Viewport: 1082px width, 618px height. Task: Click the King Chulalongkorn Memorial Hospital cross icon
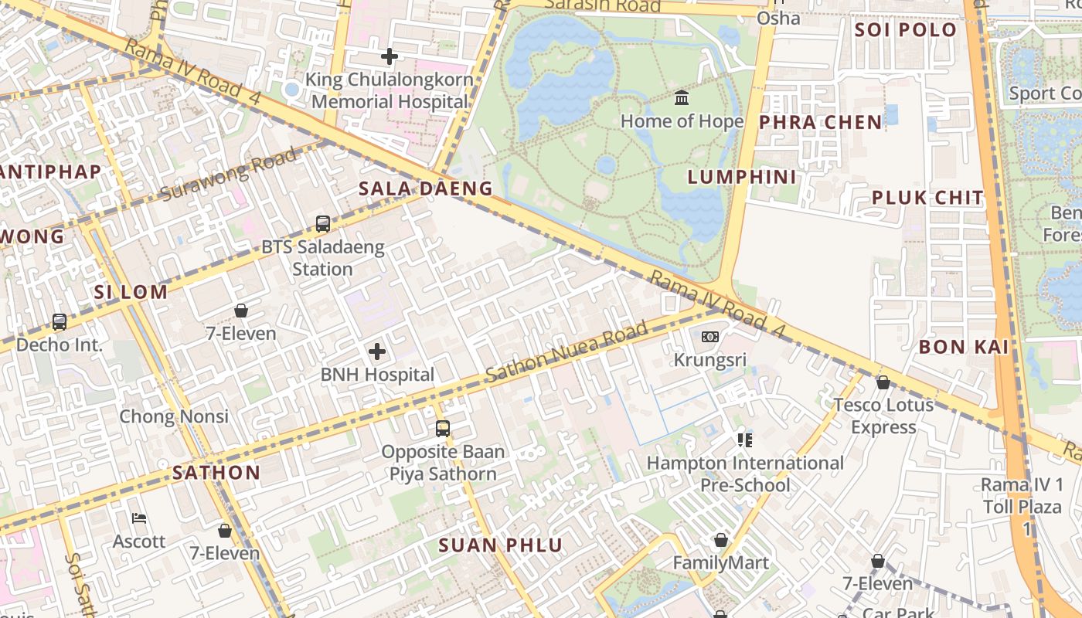pos(390,56)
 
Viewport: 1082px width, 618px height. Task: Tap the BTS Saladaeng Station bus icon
pos(323,224)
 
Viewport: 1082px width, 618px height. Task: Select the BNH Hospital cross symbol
pos(377,352)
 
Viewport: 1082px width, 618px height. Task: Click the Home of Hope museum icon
pos(682,98)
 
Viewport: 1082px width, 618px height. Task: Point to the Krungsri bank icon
pos(710,337)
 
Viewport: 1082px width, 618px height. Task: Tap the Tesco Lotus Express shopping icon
pos(883,382)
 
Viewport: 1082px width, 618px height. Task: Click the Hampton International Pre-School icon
pos(744,440)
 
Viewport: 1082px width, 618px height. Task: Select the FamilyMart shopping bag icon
pos(721,540)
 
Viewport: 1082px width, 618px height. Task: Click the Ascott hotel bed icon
pos(139,518)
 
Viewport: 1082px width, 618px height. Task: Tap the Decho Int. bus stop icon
pos(60,321)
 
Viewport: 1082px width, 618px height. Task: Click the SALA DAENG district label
pos(425,188)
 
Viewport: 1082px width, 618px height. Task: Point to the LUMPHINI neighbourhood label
pos(742,177)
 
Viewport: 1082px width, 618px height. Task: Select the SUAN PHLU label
pos(501,545)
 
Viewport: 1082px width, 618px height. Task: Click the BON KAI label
pos(964,348)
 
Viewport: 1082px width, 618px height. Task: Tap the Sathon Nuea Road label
pos(568,353)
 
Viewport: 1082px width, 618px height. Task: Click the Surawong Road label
pos(229,175)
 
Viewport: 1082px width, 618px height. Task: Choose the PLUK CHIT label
pos(927,198)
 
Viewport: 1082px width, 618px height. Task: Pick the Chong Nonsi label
pos(174,417)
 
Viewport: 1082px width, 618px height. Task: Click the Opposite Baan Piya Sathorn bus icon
pos(443,428)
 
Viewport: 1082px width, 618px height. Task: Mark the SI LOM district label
pos(131,292)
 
